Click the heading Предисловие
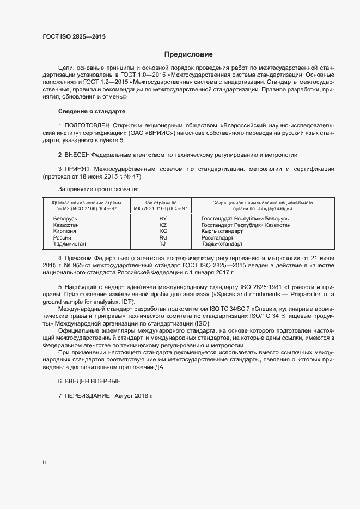click(x=188, y=54)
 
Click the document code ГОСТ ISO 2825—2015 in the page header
click(x=74, y=36)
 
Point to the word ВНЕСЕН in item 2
click(x=77, y=155)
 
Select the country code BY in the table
click(x=162, y=218)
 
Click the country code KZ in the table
click(x=162, y=225)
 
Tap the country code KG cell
click(x=162, y=231)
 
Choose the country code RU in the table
click(x=162, y=238)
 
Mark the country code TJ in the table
click(x=162, y=244)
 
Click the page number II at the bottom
click(x=44, y=463)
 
